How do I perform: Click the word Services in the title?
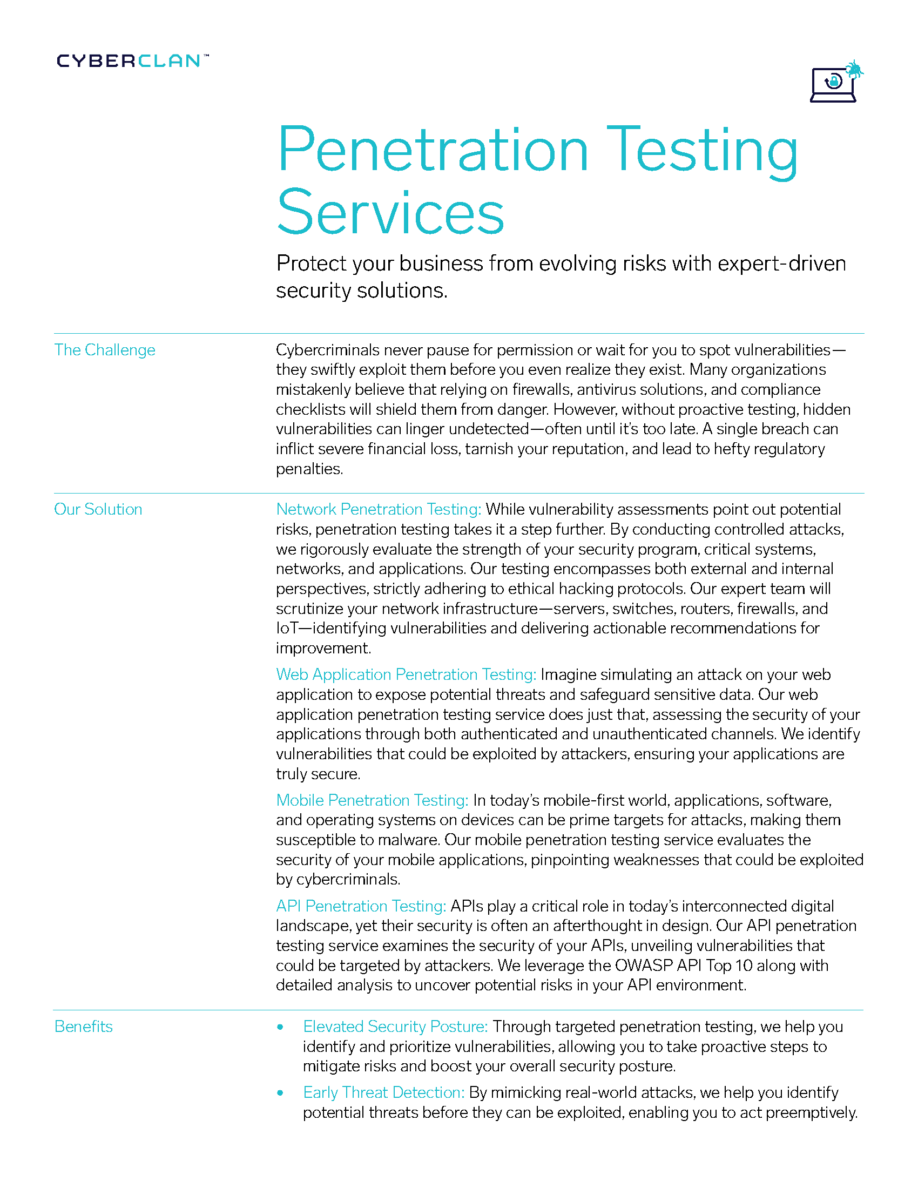[390, 212]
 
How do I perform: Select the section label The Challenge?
[104, 350]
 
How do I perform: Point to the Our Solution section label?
[98, 509]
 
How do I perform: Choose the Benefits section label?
[83, 1027]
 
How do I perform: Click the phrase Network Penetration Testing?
[379, 509]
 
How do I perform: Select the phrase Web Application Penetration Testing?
[406, 674]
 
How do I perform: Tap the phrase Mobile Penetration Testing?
[372, 800]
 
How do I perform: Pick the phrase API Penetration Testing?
[361, 906]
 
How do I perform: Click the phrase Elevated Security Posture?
[395, 1027]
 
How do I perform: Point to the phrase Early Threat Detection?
[383, 1092]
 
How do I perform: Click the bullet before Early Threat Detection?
[280, 1093]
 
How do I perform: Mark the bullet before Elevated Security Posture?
[280, 1027]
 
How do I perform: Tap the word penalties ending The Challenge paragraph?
[309, 469]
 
